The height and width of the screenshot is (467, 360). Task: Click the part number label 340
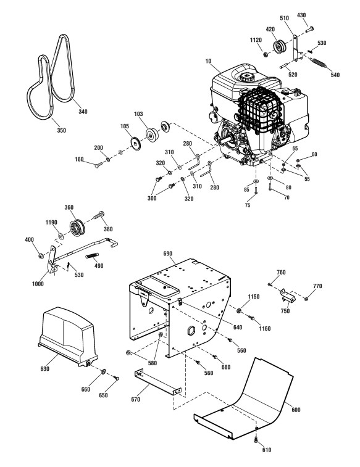tap(83, 112)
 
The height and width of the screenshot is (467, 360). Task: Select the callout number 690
tap(168, 254)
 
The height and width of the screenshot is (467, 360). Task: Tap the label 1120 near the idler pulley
tap(256, 40)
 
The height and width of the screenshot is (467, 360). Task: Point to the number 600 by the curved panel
tap(296, 410)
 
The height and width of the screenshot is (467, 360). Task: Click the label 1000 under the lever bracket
tap(38, 284)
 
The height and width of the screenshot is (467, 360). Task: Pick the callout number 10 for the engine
tap(208, 61)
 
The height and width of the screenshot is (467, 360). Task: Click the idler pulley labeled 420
tap(280, 47)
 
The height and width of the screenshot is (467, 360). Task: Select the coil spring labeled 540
tap(319, 62)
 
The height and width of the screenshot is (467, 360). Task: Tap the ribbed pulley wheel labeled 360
tap(77, 228)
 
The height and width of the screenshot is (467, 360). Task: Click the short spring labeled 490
tap(92, 255)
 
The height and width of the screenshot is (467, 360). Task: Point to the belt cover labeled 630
tap(68, 337)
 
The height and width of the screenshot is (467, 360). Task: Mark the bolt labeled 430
tap(309, 30)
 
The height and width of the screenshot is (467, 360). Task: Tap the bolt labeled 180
tap(99, 165)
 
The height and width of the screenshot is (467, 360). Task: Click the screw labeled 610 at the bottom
tap(256, 440)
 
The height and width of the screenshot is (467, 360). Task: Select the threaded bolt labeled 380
tap(99, 215)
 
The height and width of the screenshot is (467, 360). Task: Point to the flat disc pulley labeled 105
tap(136, 143)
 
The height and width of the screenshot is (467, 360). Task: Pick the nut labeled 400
tap(41, 255)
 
